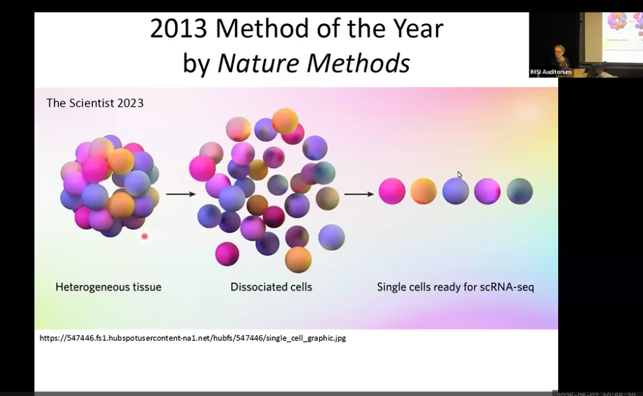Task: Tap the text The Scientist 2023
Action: [x=95, y=103]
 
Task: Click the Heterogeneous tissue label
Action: [x=108, y=287]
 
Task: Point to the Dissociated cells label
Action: [x=271, y=287]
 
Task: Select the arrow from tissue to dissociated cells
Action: [x=180, y=194]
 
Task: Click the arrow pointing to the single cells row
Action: [x=359, y=194]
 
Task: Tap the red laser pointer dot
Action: [x=144, y=237]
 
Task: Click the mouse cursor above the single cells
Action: [x=459, y=174]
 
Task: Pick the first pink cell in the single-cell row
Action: [x=392, y=191]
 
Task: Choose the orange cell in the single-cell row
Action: [x=423, y=191]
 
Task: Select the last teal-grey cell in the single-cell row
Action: [x=519, y=191]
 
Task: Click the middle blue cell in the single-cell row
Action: [x=455, y=191]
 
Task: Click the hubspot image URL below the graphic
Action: [x=192, y=338]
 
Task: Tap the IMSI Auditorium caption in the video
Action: [x=551, y=73]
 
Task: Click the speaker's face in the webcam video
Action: [x=558, y=50]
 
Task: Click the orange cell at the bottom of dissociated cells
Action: [x=298, y=259]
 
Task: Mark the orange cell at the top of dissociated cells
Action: [x=284, y=120]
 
